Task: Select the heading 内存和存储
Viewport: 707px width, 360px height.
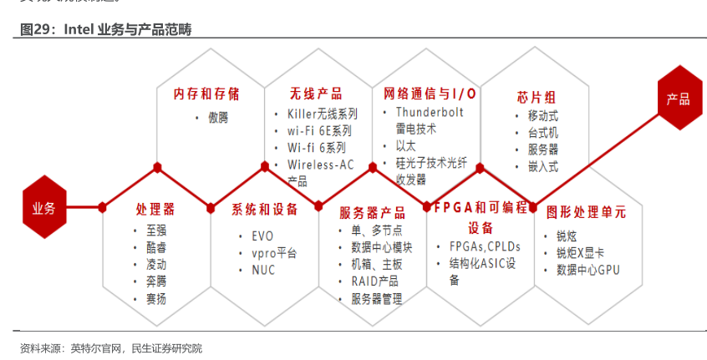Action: point(206,94)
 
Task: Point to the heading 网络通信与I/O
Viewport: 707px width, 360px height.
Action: point(429,94)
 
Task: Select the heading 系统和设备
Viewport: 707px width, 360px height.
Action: point(264,210)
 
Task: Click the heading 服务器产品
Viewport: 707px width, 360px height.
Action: point(373,212)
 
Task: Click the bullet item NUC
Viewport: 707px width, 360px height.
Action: point(262,270)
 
